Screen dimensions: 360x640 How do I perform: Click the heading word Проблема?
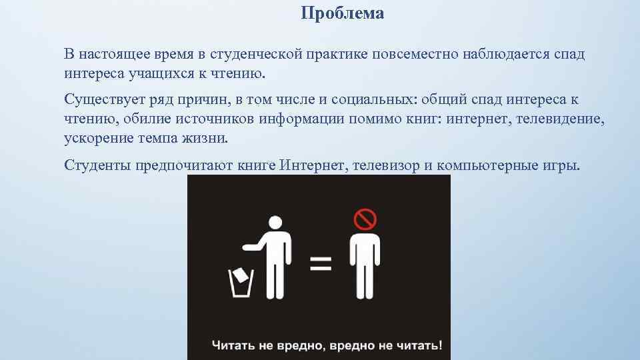[342, 13]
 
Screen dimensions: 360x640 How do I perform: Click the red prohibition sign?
[365, 219]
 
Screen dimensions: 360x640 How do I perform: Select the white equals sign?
[321, 262]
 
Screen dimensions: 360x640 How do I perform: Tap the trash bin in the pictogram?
[241, 285]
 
